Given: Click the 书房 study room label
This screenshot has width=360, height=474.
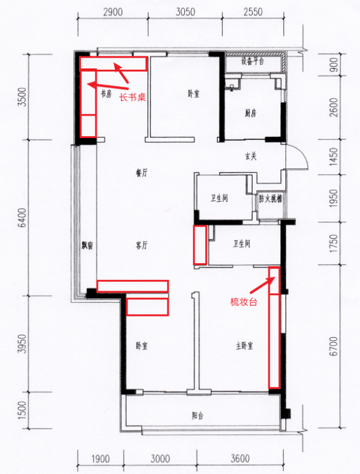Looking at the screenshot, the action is pyautogui.click(x=106, y=94).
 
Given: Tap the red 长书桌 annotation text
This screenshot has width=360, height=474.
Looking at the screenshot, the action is pyautogui.click(x=132, y=97).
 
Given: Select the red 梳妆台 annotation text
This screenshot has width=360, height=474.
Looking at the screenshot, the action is pyautogui.click(x=243, y=302).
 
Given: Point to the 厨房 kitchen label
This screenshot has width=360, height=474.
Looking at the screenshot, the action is pyautogui.click(x=250, y=114).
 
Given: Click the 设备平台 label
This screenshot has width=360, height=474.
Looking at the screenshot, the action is pyautogui.click(x=253, y=61).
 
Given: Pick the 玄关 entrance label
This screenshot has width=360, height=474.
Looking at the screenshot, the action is pyautogui.click(x=251, y=156).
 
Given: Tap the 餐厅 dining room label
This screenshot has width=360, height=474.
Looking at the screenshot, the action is pyautogui.click(x=142, y=173).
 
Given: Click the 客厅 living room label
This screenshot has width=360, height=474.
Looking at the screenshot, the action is pyautogui.click(x=142, y=245).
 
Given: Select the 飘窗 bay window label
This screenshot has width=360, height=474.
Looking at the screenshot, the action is pyautogui.click(x=87, y=245).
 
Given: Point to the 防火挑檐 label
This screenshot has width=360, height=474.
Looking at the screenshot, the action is pyautogui.click(x=270, y=198).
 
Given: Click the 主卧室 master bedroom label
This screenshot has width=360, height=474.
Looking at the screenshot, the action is pyautogui.click(x=245, y=346).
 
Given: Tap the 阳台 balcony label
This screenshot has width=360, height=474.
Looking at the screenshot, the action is pyautogui.click(x=198, y=416).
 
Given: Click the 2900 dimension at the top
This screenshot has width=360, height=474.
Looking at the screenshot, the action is pyautogui.click(x=113, y=12).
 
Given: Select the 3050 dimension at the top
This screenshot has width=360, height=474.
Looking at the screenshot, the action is pyautogui.click(x=186, y=12).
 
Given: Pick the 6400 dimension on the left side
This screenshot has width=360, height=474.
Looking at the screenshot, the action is pyautogui.click(x=23, y=218).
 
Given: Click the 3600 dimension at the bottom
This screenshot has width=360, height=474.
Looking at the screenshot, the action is pyautogui.click(x=240, y=458).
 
